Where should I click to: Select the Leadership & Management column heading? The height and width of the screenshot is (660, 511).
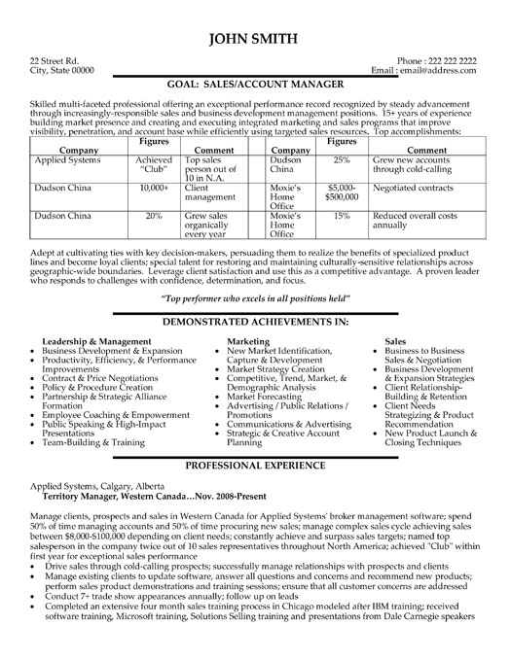[98, 342]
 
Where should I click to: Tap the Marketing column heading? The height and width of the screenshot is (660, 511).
[249, 342]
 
